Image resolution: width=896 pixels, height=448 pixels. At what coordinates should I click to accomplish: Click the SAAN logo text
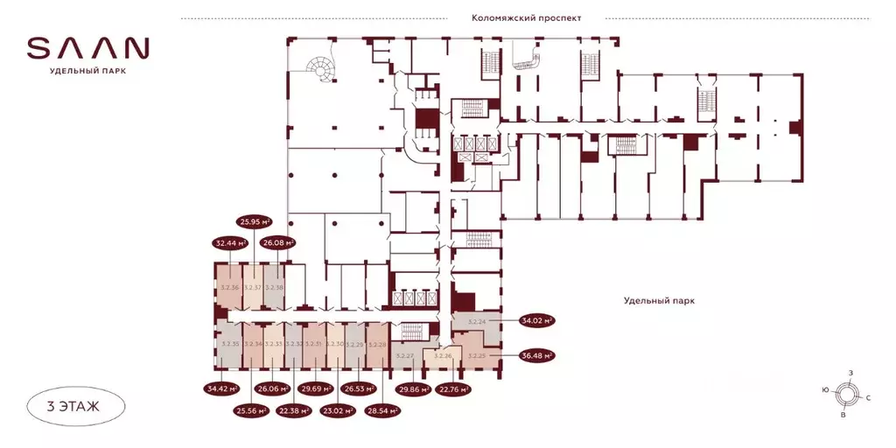[x=87, y=47]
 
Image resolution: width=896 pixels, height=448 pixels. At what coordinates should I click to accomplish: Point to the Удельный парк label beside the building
[x=659, y=300]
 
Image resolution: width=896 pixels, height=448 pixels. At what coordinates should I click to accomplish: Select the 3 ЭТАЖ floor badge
[x=74, y=405]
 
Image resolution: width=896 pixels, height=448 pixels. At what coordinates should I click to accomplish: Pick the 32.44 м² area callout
[x=230, y=243]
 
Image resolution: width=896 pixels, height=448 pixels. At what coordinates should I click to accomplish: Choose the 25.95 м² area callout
[x=255, y=222]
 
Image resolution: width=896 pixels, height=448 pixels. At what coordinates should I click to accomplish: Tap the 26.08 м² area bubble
[x=278, y=243]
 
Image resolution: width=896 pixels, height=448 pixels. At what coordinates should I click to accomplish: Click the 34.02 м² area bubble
[x=537, y=321]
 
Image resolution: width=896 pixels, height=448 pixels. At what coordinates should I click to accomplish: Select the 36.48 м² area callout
[x=537, y=356]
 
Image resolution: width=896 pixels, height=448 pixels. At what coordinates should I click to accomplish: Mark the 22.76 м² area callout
[x=452, y=388]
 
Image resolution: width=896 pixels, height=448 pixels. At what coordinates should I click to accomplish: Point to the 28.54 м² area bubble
[x=381, y=409]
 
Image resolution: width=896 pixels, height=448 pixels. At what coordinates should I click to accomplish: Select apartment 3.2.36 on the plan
[x=229, y=287]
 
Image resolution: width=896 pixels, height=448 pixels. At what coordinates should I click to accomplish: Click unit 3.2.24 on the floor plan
[x=477, y=322]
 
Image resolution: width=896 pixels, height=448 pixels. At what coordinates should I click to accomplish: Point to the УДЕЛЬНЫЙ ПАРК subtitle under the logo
[x=87, y=72]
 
